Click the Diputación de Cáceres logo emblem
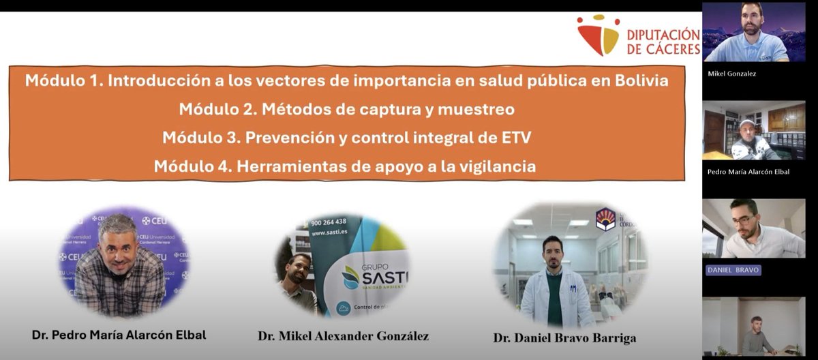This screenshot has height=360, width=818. (598, 35)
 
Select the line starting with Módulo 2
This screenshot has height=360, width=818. (346, 109)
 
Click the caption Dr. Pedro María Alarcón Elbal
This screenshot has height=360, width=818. (119, 335)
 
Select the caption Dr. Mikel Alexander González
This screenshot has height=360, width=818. (343, 336)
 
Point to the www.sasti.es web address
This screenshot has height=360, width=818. (329, 232)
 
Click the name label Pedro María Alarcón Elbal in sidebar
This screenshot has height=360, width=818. (748, 171)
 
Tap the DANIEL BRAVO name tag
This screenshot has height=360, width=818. (733, 270)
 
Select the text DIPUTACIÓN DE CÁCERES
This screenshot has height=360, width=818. (662, 42)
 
